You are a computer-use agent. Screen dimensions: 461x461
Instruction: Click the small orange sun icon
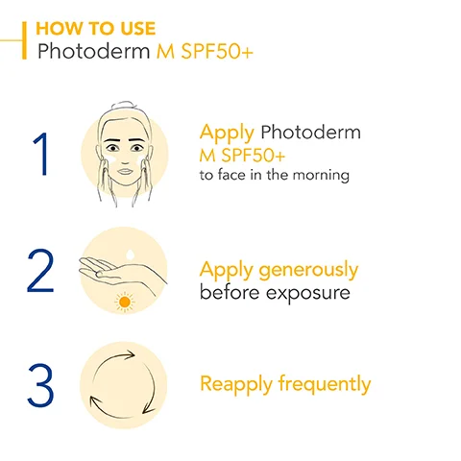(x=123, y=303)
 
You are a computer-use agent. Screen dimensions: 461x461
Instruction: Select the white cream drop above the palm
(x=129, y=252)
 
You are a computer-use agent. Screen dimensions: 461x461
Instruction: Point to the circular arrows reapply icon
(x=123, y=384)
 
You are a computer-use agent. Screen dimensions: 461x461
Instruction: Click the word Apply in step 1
(x=227, y=133)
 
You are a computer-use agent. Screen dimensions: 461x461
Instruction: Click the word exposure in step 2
(x=308, y=292)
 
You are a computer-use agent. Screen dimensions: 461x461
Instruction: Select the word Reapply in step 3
(x=236, y=385)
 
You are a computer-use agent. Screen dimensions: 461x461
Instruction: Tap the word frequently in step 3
(x=325, y=385)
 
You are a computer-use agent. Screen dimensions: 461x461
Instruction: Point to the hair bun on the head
(x=123, y=109)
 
